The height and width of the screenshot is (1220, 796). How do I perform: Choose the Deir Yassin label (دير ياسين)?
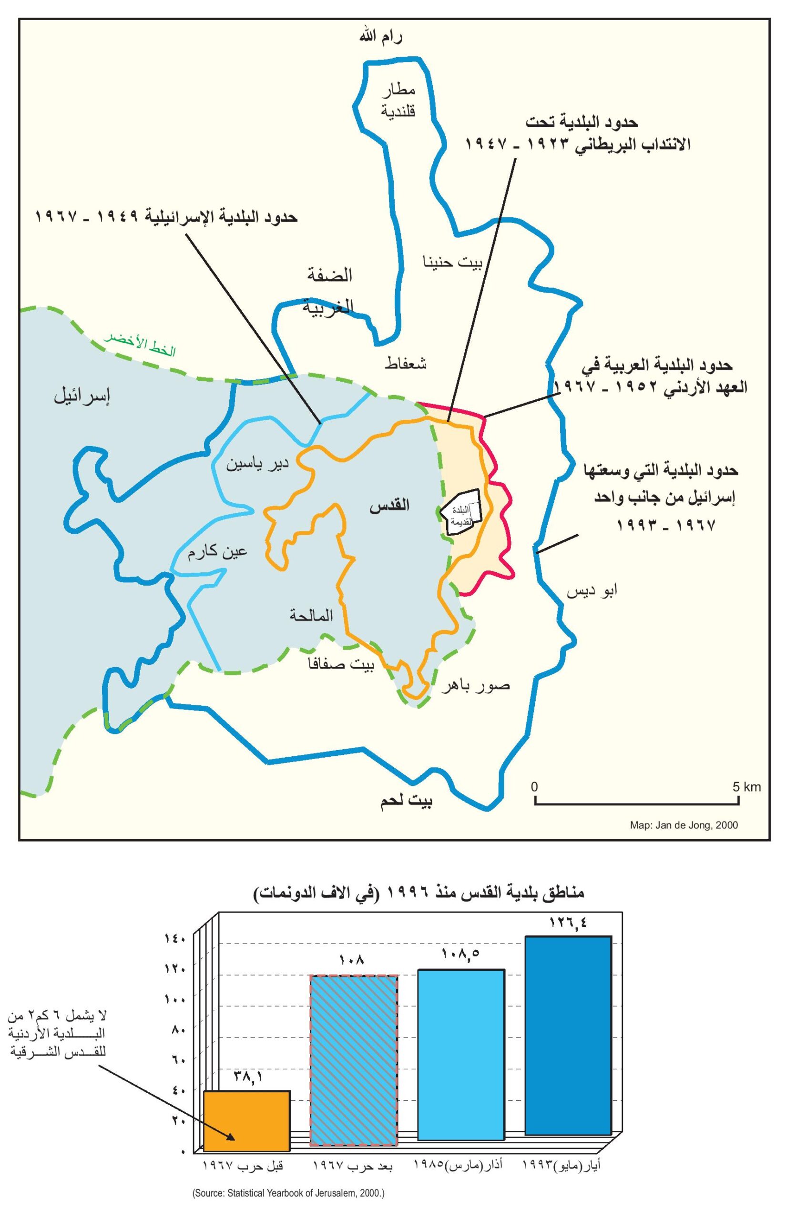[258, 464]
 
